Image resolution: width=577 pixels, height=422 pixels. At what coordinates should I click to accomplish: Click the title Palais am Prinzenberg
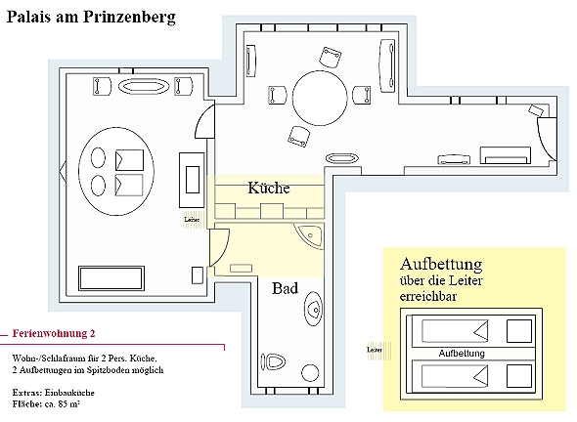91,17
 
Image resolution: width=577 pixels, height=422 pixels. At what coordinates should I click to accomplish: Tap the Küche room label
269,188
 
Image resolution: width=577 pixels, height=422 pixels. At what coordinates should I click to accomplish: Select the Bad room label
285,288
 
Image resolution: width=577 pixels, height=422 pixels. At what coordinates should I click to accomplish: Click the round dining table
320,98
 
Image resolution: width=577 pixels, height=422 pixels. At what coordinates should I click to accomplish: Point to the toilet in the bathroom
274,362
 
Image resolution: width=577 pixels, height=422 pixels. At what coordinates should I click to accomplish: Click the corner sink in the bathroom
311,234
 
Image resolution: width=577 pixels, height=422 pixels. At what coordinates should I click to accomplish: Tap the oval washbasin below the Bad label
314,309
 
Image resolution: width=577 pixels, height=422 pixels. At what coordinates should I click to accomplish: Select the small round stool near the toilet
310,373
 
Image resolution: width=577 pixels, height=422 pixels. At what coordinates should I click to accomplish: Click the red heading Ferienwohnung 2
54,333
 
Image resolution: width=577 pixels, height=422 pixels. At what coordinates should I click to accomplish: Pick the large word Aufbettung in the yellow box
441,264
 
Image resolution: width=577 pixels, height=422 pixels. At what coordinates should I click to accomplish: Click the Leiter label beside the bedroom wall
192,220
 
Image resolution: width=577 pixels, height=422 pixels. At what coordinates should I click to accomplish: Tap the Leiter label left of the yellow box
375,350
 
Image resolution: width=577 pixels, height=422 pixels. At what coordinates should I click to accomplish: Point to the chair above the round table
331,57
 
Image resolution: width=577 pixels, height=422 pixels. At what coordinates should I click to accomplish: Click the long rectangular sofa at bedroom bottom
111,278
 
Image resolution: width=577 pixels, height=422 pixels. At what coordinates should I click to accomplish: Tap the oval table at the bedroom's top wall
144,87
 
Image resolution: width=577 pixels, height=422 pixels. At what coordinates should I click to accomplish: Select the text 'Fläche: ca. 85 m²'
46,404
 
